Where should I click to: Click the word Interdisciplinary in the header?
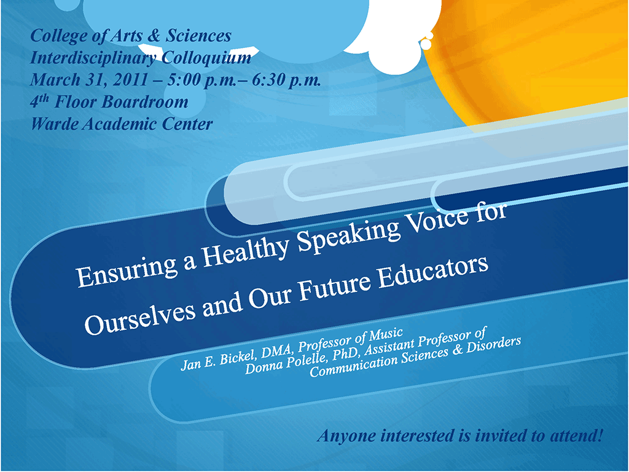click(x=93, y=58)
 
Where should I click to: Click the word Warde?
click(x=54, y=124)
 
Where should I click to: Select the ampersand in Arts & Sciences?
click(x=153, y=36)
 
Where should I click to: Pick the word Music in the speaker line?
click(x=386, y=335)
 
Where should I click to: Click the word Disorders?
click(x=493, y=345)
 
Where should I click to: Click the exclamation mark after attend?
click(x=600, y=435)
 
